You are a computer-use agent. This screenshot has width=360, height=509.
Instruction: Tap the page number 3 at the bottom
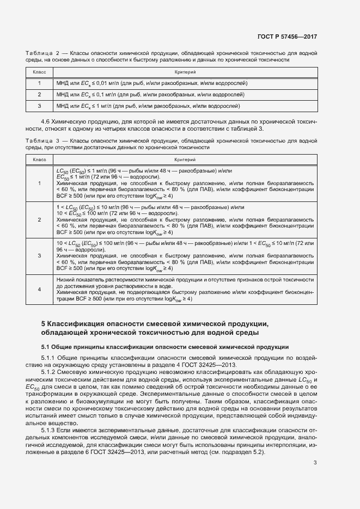[x=315, y=463]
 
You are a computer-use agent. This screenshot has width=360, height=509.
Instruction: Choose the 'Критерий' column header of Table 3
[x=185, y=160]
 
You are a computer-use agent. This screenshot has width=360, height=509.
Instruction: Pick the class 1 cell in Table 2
[x=39, y=83]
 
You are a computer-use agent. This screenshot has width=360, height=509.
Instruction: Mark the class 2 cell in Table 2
[x=39, y=95]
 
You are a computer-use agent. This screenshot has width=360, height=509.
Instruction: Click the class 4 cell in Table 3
[x=39, y=289]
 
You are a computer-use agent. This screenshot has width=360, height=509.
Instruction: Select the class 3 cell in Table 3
[x=39, y=255]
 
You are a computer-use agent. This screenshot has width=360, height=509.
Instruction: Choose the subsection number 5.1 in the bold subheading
[x=46, y=347]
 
